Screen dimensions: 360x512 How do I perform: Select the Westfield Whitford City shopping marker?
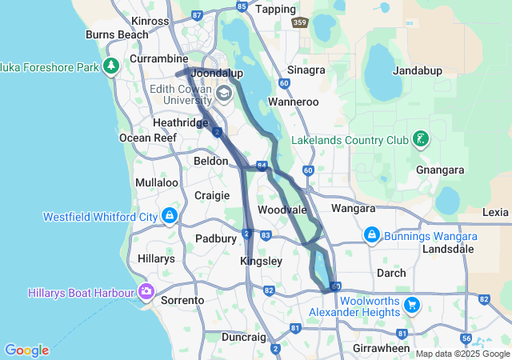pos(169,216)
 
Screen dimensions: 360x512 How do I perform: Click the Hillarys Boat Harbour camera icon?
pos(146,291)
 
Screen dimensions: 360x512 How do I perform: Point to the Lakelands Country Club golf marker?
pos(420,140)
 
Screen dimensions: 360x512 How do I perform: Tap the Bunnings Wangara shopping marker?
pos(371,236)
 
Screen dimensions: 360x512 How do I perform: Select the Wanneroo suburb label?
pos(293,102)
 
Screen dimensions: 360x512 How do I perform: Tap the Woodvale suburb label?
pos(282,210)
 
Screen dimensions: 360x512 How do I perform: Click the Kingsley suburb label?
pos(261,262)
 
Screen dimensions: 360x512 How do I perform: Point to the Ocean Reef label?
pos(147,138)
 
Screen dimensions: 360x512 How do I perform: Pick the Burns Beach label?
pos(117,35)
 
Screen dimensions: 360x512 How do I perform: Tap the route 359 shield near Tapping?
pos(299,22)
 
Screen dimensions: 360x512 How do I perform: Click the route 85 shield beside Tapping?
pos(242,6)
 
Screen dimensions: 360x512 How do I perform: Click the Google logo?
pos(26,350)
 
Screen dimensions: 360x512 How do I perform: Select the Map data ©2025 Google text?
pos(462,353)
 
